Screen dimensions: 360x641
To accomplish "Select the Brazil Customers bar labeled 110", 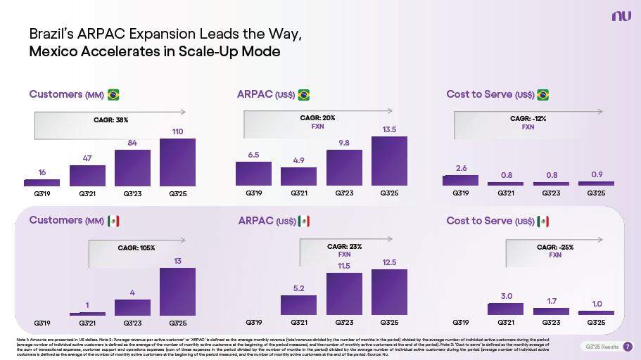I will coord(177,162).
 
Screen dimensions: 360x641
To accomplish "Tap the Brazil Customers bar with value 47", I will coord(87,175).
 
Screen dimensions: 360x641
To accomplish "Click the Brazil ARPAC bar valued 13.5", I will coord(389,160).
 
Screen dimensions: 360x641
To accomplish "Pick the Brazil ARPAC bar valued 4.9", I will coord(298,176).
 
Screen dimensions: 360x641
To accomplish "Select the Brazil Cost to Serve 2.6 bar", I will coord(460,181).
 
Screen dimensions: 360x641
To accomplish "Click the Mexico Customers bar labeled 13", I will coord(177,291).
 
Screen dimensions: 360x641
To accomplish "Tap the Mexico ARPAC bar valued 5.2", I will coord(298,305).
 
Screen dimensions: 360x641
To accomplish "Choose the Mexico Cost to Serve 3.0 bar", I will coord(506,309).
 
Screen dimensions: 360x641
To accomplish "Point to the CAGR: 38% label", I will coord(110,120).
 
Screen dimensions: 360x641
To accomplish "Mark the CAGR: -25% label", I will coord(555,247).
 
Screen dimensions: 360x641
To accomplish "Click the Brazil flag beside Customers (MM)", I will coord(113,94).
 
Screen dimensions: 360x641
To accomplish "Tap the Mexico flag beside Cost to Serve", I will coord(542,221).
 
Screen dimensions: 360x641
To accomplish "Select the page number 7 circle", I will coord(628,346).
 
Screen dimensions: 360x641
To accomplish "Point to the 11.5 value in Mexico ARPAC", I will coord(344,266).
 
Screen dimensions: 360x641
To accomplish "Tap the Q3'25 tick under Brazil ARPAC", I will coord(389,192).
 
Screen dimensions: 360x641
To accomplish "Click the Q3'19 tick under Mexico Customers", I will coord(42,323).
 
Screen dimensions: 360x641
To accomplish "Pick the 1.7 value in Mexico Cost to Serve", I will coord(551,301).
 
